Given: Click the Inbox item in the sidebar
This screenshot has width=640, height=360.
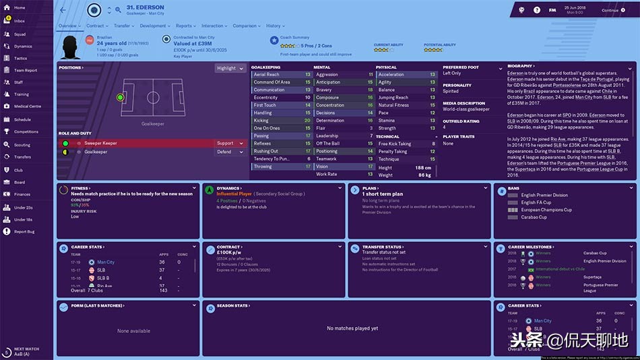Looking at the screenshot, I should coord(19,21).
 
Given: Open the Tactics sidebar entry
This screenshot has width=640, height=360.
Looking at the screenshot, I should coord(20,58).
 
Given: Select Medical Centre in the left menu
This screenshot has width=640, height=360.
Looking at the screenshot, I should coord(27,107).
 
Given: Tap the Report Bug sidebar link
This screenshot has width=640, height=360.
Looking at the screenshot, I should coord(24,231).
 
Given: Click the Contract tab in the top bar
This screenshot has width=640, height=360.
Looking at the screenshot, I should coord(95,26).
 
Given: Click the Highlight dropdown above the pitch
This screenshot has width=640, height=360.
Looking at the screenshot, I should coord(230,68).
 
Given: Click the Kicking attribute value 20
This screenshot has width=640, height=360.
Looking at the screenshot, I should coord(308,121).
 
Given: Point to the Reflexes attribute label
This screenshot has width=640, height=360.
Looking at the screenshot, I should coord(263,144).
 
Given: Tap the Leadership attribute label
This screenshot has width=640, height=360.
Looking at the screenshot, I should coord(327,136).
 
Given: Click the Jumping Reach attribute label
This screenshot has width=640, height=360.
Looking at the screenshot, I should coord(393,98).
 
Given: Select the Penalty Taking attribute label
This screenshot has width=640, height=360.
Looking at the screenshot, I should coord(393,152).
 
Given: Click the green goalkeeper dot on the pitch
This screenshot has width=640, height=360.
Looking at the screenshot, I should coord(120,98).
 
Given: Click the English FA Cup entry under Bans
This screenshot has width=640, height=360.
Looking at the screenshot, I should coord(536,202).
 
